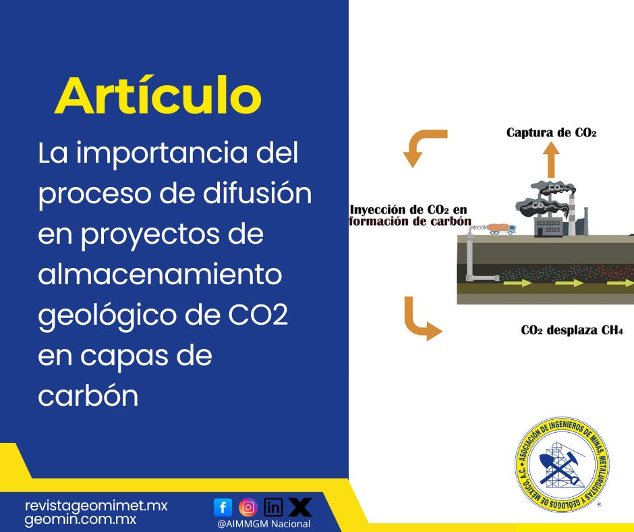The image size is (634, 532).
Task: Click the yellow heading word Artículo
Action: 158,96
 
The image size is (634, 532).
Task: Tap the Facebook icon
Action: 223,507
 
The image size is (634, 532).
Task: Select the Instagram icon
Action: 248,506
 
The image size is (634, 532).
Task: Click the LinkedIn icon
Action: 273,507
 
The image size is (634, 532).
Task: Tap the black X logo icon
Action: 299,506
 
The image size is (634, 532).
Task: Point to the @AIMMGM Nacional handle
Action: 264,524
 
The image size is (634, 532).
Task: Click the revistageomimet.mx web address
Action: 96,506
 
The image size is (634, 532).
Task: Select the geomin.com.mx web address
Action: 80,520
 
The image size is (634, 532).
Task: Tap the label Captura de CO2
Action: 551,133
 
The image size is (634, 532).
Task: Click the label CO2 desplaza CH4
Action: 572,331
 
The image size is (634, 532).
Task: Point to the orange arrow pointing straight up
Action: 552,160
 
